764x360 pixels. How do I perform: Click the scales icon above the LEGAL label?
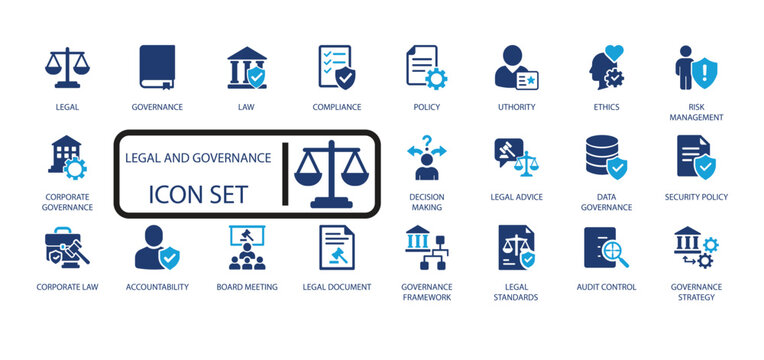click(68, 67)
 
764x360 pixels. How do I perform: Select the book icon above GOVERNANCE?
click(157, 67)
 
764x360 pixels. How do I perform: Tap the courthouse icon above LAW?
click(247, 67)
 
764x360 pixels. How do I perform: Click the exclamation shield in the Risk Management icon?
click(706, 72)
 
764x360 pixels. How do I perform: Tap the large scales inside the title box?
click(332, 173)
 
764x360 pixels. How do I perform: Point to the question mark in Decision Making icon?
click(426, 142)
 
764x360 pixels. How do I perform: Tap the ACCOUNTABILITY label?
click(157, 287)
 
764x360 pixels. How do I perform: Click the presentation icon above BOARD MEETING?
click(247, 248)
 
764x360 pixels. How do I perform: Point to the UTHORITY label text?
click(516, 107)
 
